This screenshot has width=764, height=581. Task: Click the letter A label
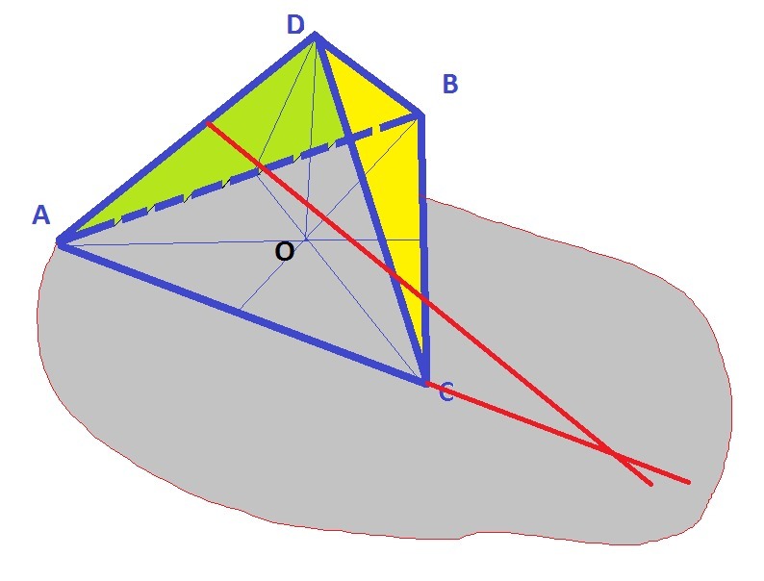click(40, 215)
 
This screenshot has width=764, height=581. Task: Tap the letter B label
click(449, 85)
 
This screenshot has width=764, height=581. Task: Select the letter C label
click(446, 392)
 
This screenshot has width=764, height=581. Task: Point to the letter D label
click(295, 25)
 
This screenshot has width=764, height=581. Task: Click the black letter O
click(284, 252)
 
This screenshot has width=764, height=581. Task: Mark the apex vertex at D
click(315, 36)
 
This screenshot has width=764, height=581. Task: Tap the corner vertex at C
click(424, 382)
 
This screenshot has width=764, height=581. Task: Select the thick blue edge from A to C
click(241, 311)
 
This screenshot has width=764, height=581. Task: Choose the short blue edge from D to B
click(368, 76)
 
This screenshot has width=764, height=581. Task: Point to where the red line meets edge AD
click(208, 123)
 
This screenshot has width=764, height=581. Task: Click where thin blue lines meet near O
click(306, 238)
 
